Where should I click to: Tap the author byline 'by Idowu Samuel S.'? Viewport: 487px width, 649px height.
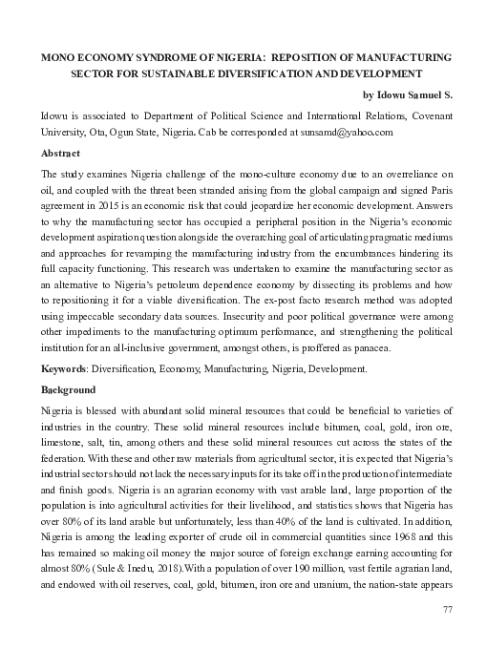pos(408,94)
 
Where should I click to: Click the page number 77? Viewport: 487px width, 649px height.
pos(446,608)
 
